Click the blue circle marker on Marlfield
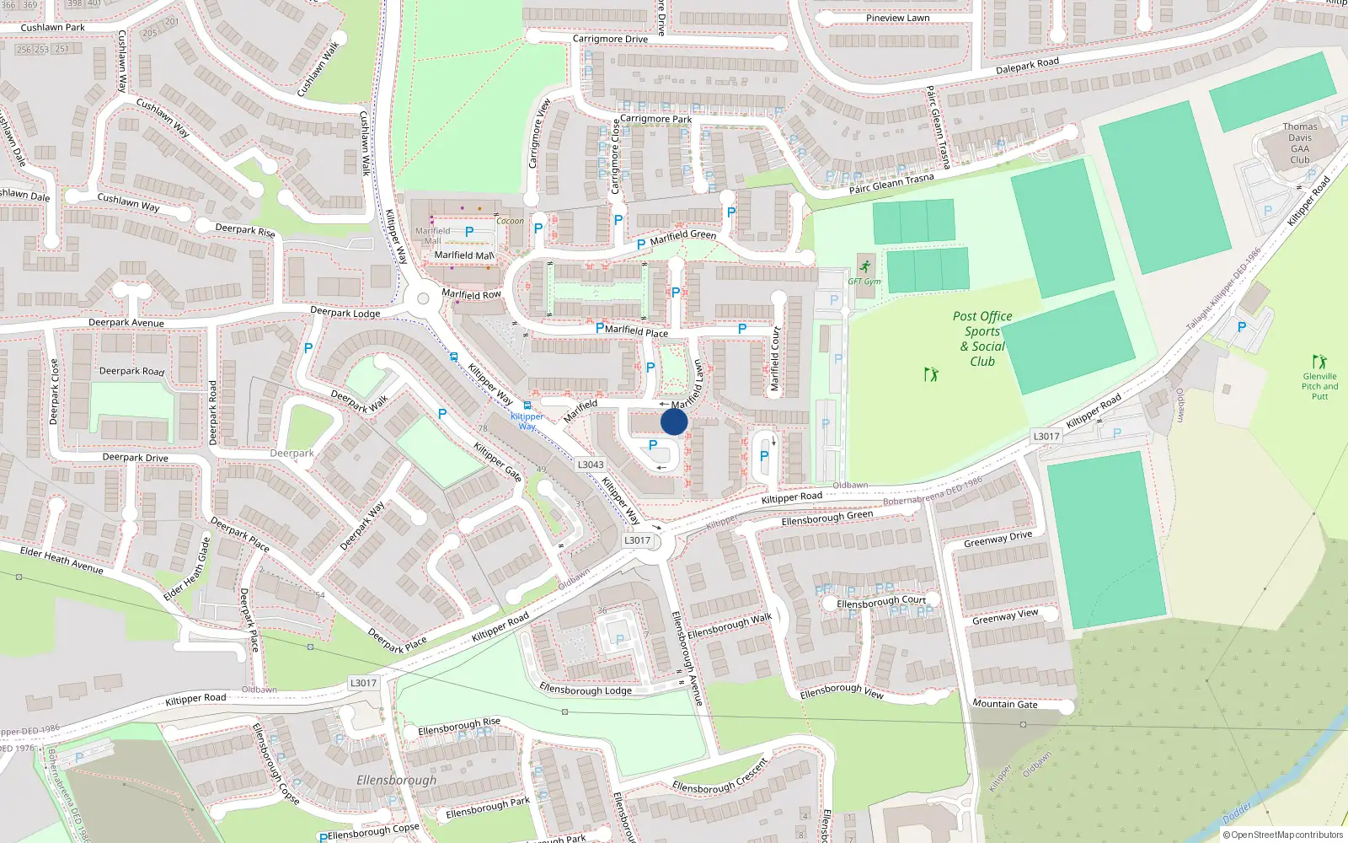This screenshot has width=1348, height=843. [x=674, y=421]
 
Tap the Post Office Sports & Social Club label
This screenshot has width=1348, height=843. [x=982, y=339]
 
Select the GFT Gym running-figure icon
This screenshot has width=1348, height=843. [x=865, y=266]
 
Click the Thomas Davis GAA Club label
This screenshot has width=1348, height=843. [x=1300, y=143]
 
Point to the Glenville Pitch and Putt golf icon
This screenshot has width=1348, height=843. [x=1319, y=362]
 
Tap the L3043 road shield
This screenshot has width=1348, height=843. [x=591, y=464]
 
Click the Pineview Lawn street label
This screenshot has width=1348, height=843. [x=898, y=18]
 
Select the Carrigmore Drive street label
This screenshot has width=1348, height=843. [x=610, y=39]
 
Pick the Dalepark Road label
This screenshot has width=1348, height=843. [x=1027, y=66]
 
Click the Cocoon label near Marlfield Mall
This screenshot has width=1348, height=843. [x=510, y=221]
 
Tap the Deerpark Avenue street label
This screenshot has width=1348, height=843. [x=126, y=323]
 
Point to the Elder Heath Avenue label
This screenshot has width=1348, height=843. [x=62, y=560]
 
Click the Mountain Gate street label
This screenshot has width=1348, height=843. [x=1005, y=704]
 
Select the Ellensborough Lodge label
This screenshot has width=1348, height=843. [x=586, y=690]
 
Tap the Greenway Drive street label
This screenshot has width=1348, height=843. [x=998, y=539]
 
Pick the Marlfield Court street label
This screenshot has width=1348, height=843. [x=775, y=359]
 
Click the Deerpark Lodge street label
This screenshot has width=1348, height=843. [x=345, y=313]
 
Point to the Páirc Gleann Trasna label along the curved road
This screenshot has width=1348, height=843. [x=891, y=183]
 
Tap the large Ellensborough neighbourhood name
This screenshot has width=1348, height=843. [x=397, y=780]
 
